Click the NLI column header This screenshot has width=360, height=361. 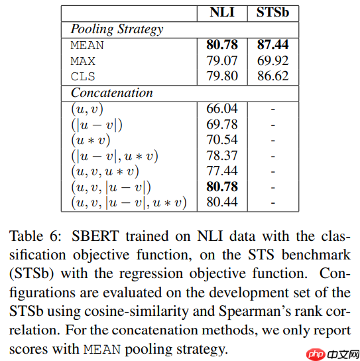coord(222,14)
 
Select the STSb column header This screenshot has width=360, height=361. coord(272,14)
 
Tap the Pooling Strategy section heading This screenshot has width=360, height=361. coord(117,29)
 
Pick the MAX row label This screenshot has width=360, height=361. coord(84,61)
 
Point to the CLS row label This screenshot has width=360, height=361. coord(84,77)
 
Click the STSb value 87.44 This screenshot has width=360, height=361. coord(272,46)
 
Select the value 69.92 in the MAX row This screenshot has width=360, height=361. coord(272,61)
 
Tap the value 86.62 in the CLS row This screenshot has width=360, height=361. coord(272,77)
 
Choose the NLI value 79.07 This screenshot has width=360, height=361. coord(222,61)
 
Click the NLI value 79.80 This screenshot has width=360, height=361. coord(222,77)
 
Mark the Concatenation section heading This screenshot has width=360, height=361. coord(111,92)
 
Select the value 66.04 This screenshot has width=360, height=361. coord(222,108)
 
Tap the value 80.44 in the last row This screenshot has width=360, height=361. coord(222,202)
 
